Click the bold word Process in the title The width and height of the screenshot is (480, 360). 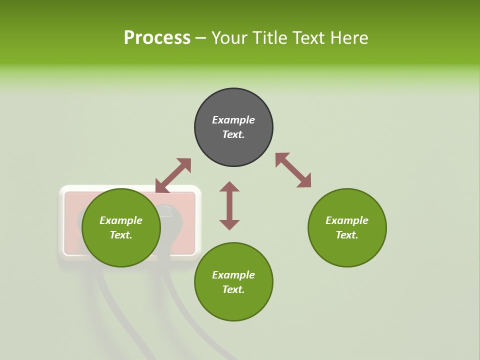(x=157, y=37)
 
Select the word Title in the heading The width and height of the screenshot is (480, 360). (x=268, y=37)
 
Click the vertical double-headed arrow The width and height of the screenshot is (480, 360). (x=229, y=205)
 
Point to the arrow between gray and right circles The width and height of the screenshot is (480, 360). (x=293, y=170)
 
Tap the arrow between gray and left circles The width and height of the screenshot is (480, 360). (x=173, y=175)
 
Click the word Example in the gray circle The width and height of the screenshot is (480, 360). (x=233, y=120)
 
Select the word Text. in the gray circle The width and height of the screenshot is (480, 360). (x=233, y=134)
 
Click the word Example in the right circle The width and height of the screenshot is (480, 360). (x=347, y=220)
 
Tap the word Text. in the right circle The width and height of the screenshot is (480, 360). (x=347, y=235)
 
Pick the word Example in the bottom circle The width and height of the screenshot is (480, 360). (x=233, y=275)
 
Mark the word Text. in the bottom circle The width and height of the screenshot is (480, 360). (x=233, y=289)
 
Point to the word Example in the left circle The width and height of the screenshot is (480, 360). (x=121, y=220)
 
